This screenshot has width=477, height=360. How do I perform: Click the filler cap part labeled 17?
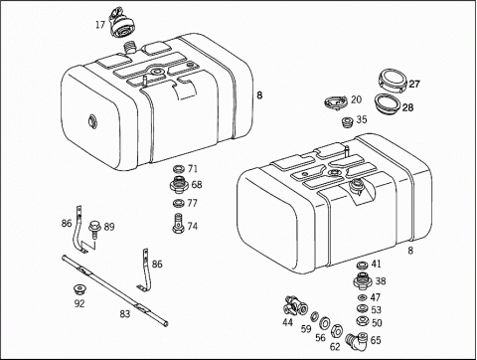pos(121,24)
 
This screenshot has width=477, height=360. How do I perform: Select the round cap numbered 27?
pos(393,82)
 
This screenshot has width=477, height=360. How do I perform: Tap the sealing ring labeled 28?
pos(387,104)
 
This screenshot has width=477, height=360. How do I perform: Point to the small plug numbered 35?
pos(347,121)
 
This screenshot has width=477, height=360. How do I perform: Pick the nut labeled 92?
pos(79,290)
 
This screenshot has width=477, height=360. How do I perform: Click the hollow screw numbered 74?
pos(178,223)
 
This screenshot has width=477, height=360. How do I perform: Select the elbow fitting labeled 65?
pos(357,340)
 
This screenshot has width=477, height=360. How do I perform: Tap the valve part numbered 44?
pos(294,305)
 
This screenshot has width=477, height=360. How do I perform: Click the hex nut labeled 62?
pos(336,330)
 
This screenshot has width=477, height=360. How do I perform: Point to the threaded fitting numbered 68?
pos(179,184)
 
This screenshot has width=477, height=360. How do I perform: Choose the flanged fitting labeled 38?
pos(363,281)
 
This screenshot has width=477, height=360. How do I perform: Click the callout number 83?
pos(125,313)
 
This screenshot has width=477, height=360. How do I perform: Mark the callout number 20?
pos(356,99)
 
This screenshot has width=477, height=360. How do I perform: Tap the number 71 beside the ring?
pos(193,169)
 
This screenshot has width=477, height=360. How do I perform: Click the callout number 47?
pos(376,297)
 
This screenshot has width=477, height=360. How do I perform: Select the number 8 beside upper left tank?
pos(259,95)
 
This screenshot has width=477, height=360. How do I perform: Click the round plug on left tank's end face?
pos(91,120)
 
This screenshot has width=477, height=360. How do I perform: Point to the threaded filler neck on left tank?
pos(129,48)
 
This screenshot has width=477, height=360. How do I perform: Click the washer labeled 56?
pos(324,322)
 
